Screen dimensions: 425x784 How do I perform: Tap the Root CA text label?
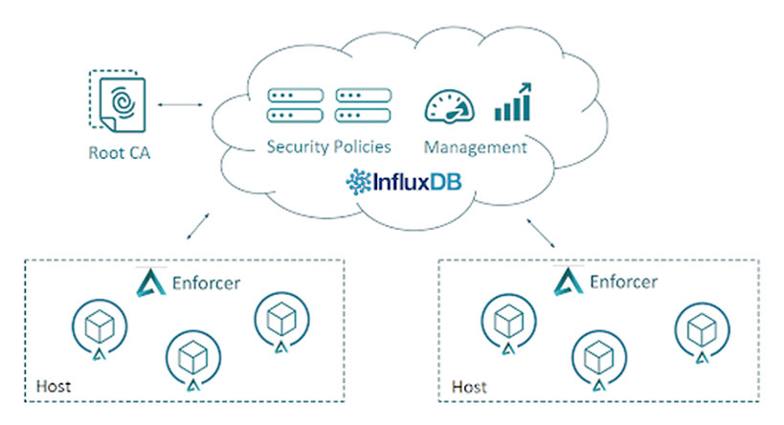coord(121,151)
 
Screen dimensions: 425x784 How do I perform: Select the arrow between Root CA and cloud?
coord(183,100)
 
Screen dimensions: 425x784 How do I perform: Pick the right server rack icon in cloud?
coord(362,105)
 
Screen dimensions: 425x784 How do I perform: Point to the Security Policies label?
coord(328,147)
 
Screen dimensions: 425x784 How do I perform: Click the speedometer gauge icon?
coord(447,105)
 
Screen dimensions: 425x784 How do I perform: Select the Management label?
coord(475,147)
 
